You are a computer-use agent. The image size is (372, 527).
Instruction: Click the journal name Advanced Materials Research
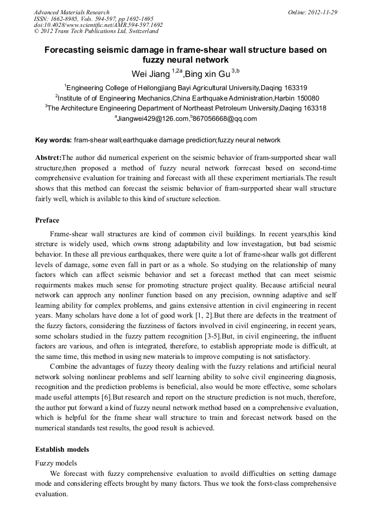click(72, 12)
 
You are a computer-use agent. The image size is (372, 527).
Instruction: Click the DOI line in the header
click(98, 25)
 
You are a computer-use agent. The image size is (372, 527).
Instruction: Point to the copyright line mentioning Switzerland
click(96, 31)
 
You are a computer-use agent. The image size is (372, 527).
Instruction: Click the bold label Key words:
click(53, 140)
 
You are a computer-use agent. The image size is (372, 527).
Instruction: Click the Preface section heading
click(47, 220)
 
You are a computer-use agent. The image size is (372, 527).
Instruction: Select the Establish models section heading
click(62, 449)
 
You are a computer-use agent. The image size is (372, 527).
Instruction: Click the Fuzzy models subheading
click(56, 463)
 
